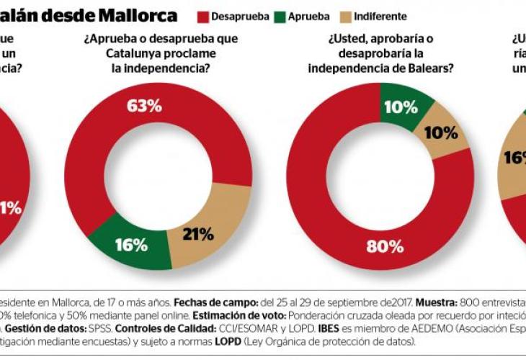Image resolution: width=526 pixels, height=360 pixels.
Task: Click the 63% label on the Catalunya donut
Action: click(x=144, y=106)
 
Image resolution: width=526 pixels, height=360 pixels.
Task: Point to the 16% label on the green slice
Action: click(x=131, y=244)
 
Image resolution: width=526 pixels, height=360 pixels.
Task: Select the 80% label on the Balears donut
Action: click(x=385, y=246)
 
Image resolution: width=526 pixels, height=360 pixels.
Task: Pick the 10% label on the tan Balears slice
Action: click(x=441, y=132)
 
